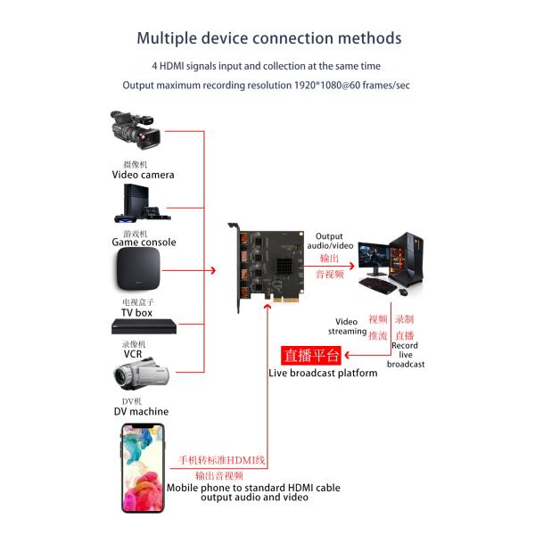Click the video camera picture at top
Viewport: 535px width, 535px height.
pyautogui.click(x=136, y=132)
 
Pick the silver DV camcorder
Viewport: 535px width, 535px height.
pyautogui.click(x=137, y=376)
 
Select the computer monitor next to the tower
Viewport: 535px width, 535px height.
pyautogui.click(x=376, y=259)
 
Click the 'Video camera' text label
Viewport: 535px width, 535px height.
pyautogui.click(x=143, y=175)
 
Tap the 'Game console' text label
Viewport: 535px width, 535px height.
pyautogui.click(x=144, y=242)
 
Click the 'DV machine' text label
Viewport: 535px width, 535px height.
pyautogui.click(x=141, y=411)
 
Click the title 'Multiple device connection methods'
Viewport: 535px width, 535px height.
pyautogui.click(x=267, y=38)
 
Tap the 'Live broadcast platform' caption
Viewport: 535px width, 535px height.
pyautogui.click(x=323, y=373)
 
